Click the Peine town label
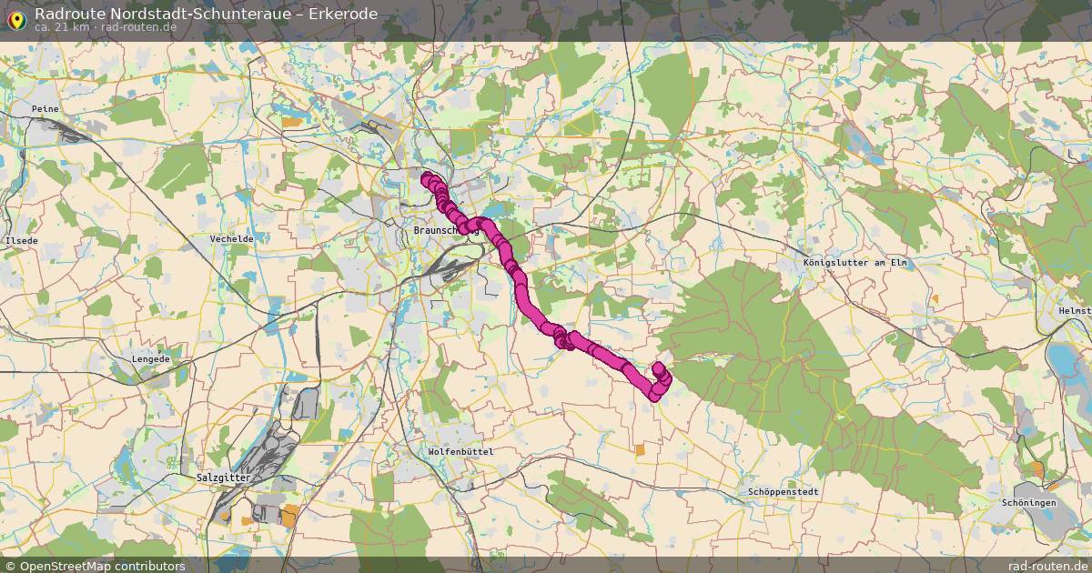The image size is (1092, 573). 45,108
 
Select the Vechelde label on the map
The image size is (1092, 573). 231,238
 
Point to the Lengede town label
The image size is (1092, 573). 151,359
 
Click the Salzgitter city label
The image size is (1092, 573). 222,477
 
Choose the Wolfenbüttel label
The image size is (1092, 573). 460,452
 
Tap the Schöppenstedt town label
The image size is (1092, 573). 784,491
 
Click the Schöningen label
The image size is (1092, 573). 1028,503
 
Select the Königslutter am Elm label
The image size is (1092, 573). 855,263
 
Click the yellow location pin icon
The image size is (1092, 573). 15,18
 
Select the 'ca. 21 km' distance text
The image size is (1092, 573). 62,27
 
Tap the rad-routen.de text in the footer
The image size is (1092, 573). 1047,566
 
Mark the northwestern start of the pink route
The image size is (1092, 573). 426,177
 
